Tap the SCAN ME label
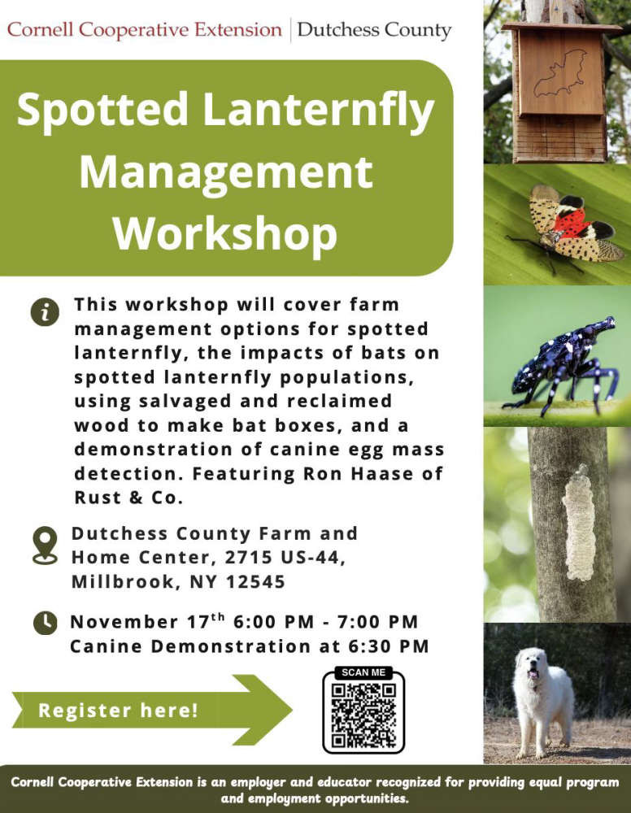click(x=363, y=672)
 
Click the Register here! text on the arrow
click(x=118, y=711)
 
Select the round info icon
click(x=45, y=312)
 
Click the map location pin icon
click(x=45, y=545)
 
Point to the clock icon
click(x=45, y=623)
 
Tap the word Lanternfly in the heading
click(x=319, y=110)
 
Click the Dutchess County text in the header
click(x=374, y=31)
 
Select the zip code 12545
click(x=255, y=582)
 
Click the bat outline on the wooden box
click(x=560, y=74)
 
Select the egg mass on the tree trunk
click(x=579, y=523)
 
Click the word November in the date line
click(x=124, y=622)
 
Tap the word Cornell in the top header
click(x=40, y=29)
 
